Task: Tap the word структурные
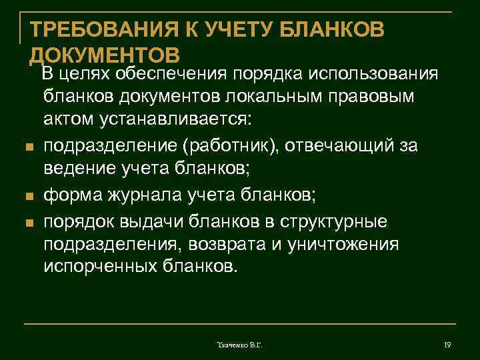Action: [x=343, y=219]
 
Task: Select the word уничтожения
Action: [x=343, y=244]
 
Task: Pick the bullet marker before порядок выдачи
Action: [x=27, y=221]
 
